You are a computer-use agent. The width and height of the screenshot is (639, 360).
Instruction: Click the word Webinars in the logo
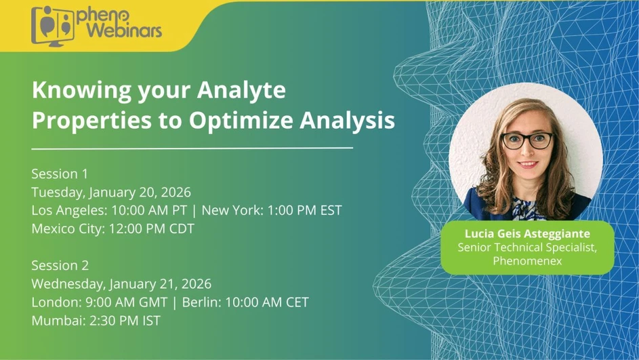point(119,31)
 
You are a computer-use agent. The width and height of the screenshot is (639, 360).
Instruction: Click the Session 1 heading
point(60,174)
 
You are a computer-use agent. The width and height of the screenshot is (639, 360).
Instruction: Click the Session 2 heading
point(60,265)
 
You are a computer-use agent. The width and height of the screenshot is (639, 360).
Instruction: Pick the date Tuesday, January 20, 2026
point(111,193)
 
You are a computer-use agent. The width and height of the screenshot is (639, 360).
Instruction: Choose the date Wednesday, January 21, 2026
point(121,283)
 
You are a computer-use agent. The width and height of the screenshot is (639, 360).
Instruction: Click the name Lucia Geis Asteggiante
point(527,234)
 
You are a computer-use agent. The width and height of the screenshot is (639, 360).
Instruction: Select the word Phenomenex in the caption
point(527,260)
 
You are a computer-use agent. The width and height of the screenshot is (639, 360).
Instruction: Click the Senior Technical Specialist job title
point(527,247)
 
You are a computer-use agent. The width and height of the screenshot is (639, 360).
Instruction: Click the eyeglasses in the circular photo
point(527,141)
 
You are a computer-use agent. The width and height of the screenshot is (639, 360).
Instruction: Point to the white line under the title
point(192,147)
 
